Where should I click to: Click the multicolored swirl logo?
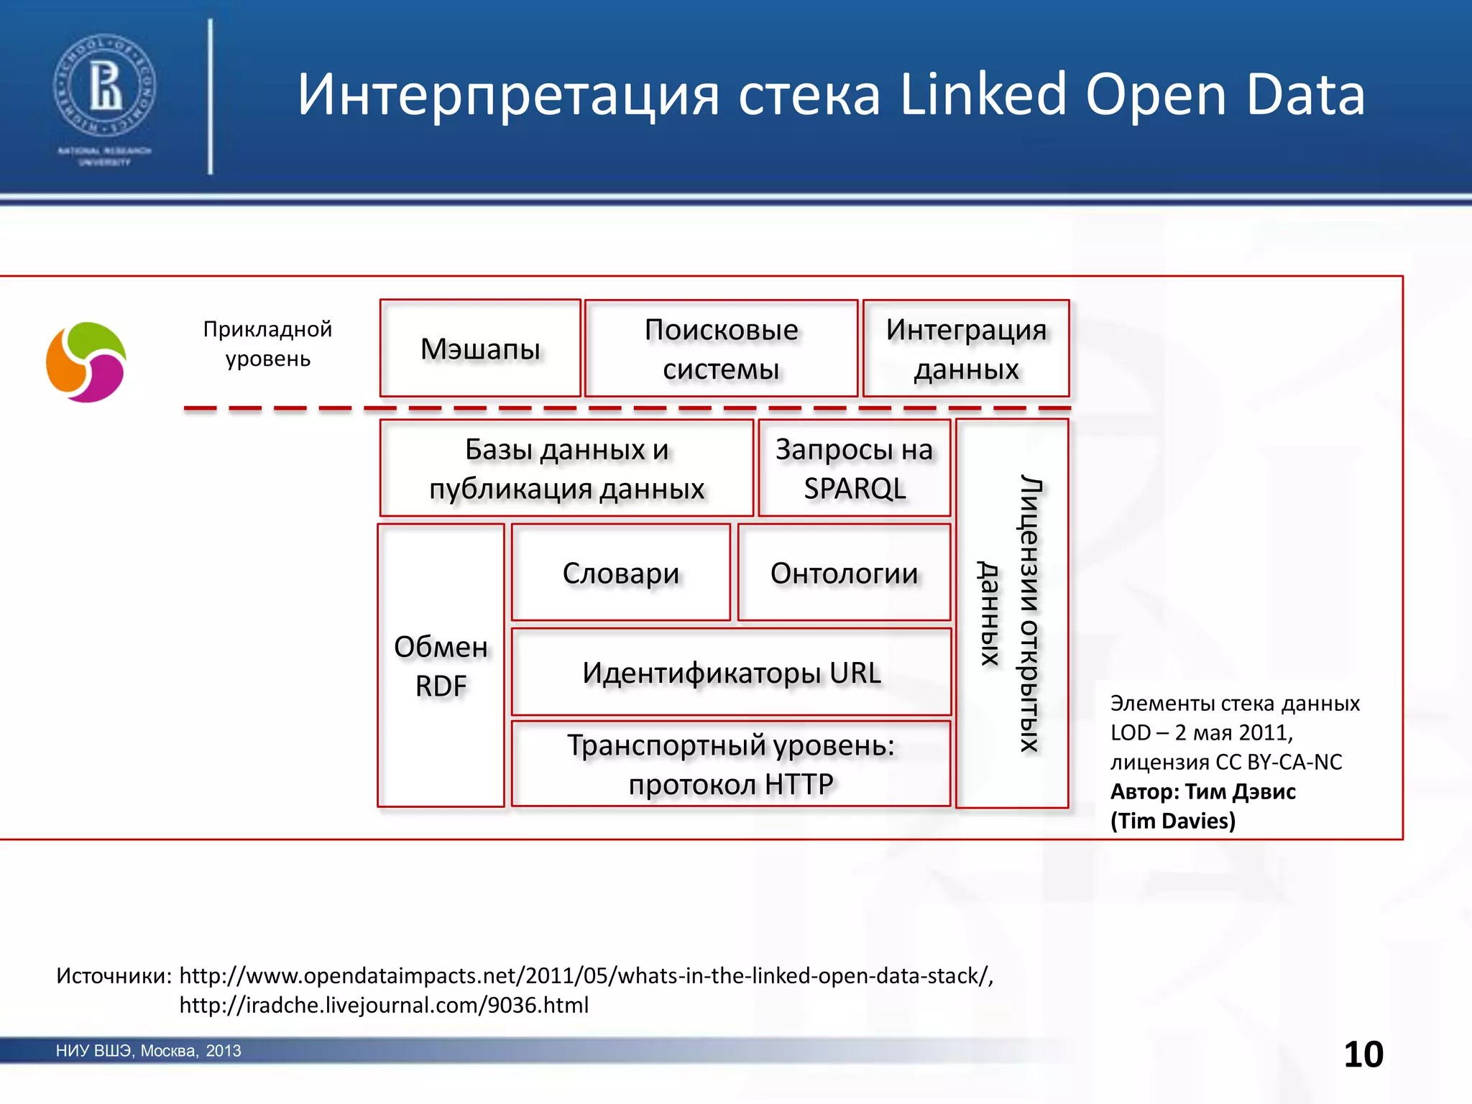(x=86, y=362)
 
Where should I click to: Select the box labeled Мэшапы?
(x=480, y=349)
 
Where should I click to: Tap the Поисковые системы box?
(x=721, y=349)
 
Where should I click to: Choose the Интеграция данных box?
(x=966, y=349)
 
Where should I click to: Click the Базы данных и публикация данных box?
(x=566, y=468)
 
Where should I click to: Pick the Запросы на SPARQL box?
(x=855, y=468)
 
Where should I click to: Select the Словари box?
(x=621, y=573)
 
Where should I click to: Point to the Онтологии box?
(x=845, y=573)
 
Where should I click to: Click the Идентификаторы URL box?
(x=732, y=673)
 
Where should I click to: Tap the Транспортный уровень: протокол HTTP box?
(x=731, y=764)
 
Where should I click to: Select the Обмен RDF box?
(x=441, y=666)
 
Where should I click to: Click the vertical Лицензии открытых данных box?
(x=1012, y=613)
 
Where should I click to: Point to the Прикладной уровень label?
(x=267, y=344)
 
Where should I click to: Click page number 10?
(x=1363, y=1054)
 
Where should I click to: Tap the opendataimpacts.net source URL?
(x=586, y=975)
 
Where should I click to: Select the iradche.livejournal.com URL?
(x=384, y=1005)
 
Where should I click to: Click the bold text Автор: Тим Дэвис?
(x=1203, y=791)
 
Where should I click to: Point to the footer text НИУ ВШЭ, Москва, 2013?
(x=148, y=1051)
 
